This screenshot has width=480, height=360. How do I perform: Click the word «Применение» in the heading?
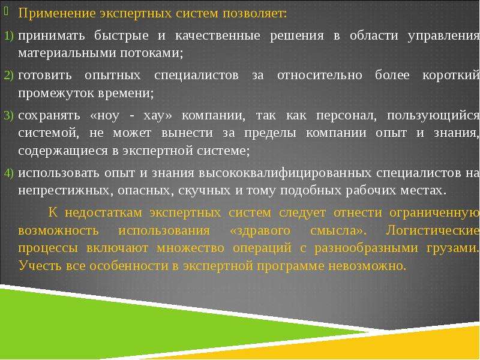pyautogui.click(x=57, y=14)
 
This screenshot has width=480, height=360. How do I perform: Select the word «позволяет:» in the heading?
pyautogui.click(x=254, y=14)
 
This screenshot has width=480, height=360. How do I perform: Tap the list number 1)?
pyautogui.click(x=9, y=36)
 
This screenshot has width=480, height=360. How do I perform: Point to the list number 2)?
pyautogui.click(x=9, y=76)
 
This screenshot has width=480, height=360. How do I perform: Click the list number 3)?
pyautogui.click(x=9, y=115)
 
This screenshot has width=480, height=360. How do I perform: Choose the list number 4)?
pyautogui.click(x=9, y=173)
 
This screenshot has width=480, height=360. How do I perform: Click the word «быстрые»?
pyautogui.click(x=121, y=36)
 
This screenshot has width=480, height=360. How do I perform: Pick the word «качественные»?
pyautogui.click(x=218, y=35)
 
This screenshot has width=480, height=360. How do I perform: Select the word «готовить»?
pyautogui.click(x=45, y=76)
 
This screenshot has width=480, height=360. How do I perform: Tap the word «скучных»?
pyautogui.click(x=204, y=191)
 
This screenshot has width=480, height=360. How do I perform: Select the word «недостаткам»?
pyautogui.click(x=103, y=213)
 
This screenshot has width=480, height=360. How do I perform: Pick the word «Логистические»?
pyautogui.click(x=432, y=230)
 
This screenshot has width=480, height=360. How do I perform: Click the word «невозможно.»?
pyautogui.click(x=367, y=266)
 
